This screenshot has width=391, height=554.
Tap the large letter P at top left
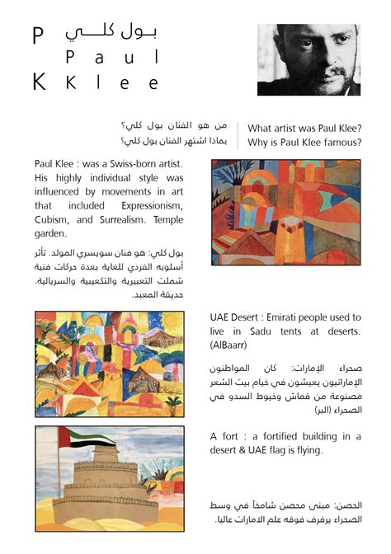(x=38, y=35)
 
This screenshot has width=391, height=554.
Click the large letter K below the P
(x=39, y=81)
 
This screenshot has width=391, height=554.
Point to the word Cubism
(x=55, y=220)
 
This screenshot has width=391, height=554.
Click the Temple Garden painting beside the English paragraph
(x=285, y=212)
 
